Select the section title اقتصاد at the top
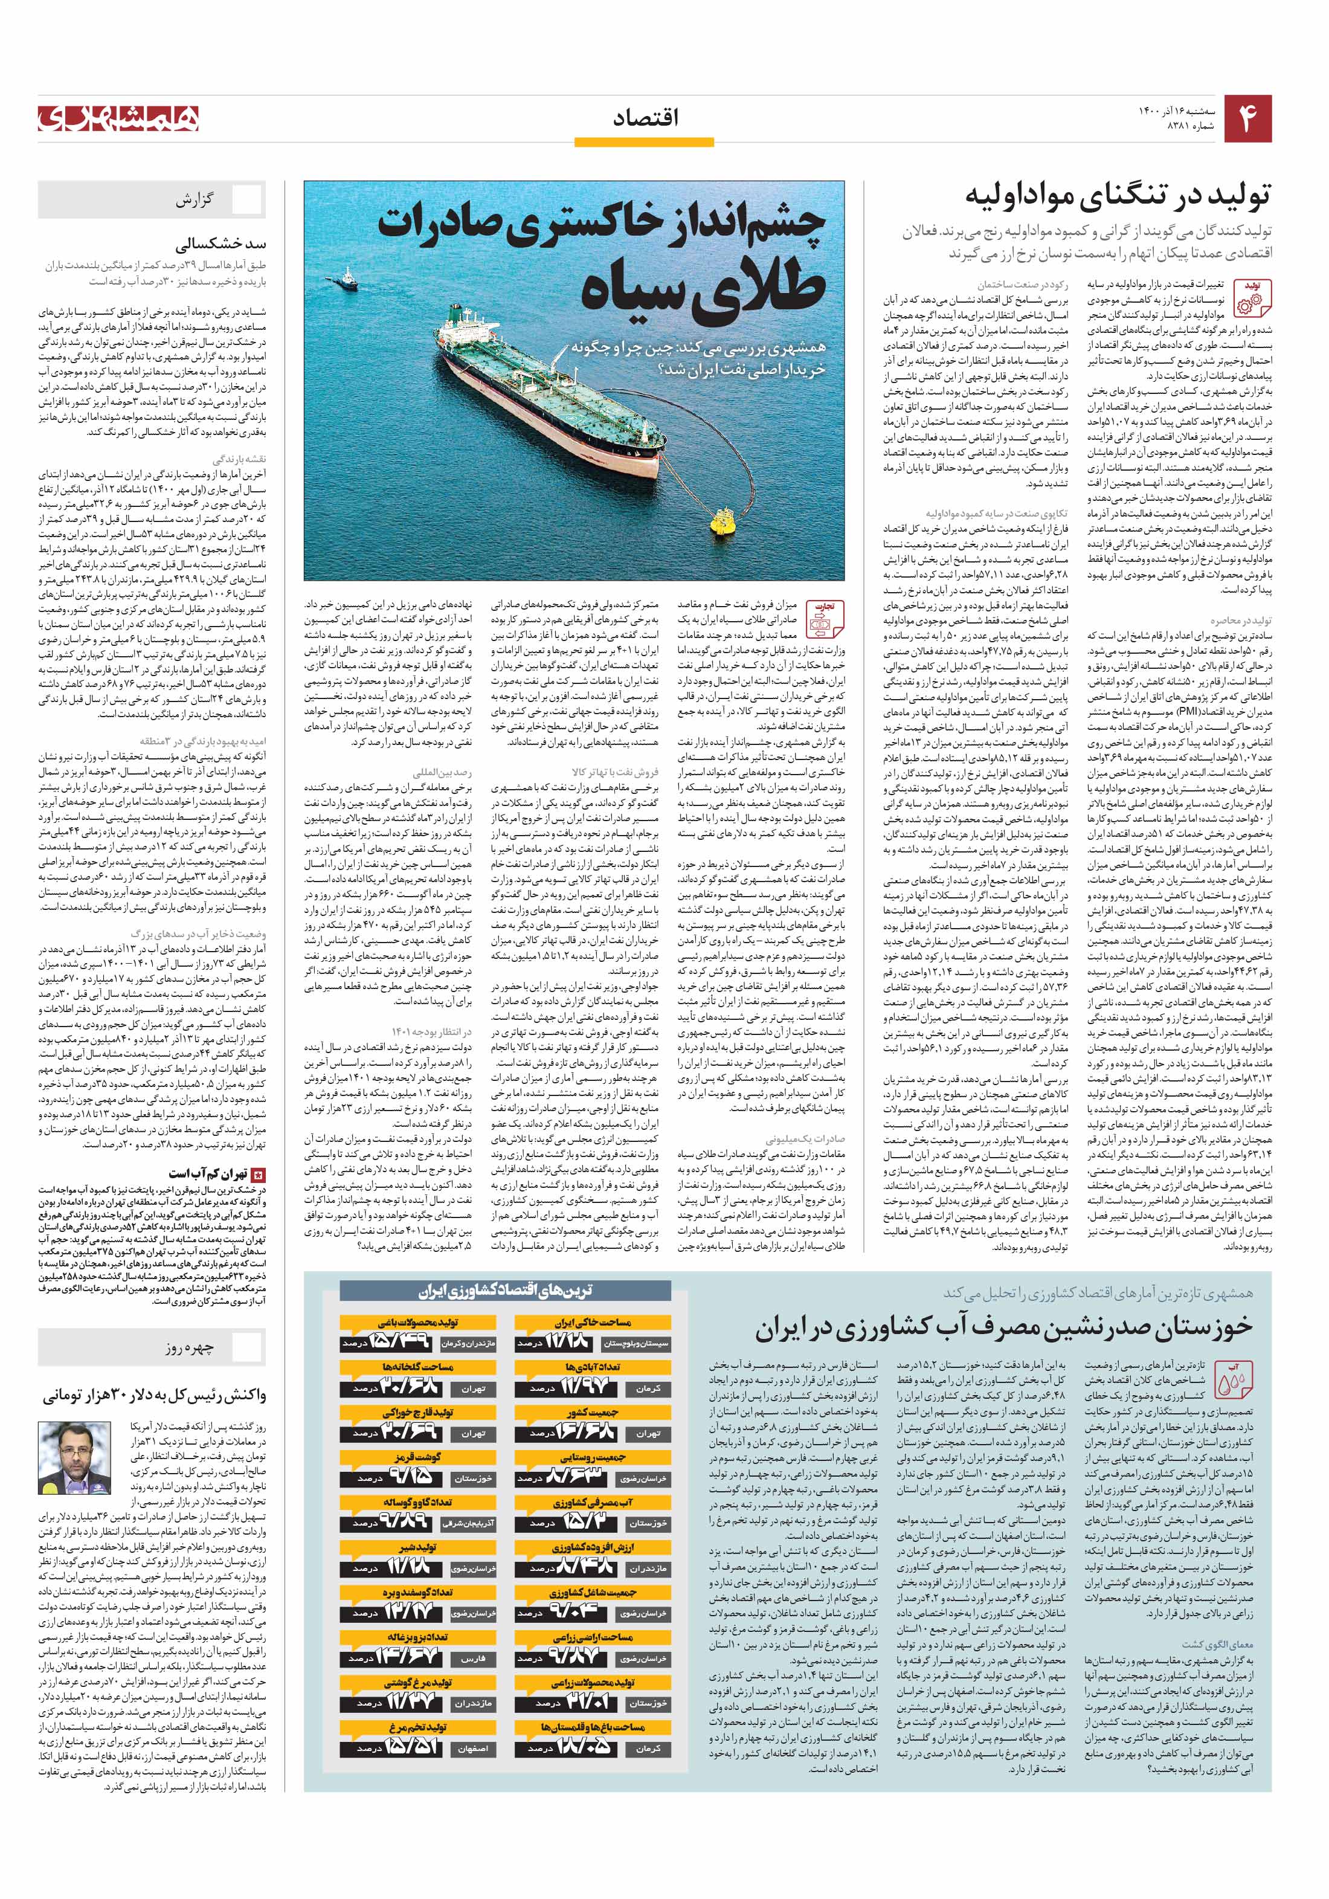pyautogui.click(x=646, y=118)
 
